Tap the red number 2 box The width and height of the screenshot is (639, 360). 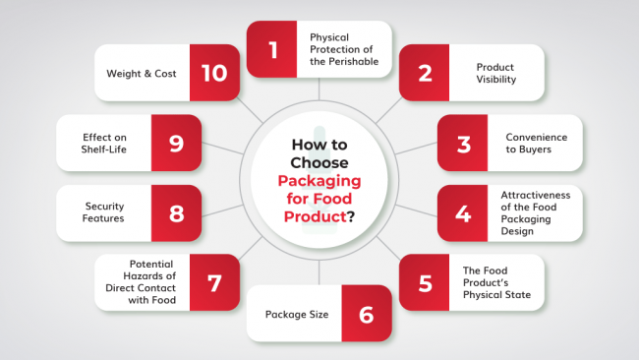426,72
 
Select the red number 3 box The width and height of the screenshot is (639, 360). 463,144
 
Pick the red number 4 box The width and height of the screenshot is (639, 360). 463,212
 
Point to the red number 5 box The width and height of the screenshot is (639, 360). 426,283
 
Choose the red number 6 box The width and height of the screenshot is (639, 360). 367,315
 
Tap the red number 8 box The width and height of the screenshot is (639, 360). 177,212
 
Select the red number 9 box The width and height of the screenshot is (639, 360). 177,144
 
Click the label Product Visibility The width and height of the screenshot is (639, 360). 496,73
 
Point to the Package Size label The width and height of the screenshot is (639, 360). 297,316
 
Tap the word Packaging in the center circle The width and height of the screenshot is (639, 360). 319,182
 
